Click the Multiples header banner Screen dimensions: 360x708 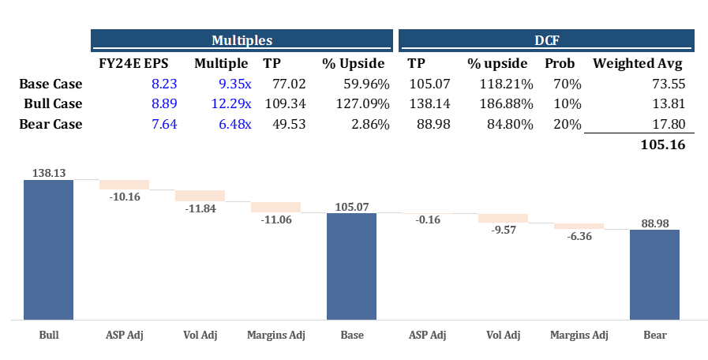(x=242, y=39)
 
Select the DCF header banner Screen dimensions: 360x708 (x=546, y=39)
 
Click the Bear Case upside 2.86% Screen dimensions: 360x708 (x=368, y=124)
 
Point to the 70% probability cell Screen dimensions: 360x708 (x=568, y=83)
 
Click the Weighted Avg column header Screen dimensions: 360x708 (x=638, y=63)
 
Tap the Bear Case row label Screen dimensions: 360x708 (x=51, y=124)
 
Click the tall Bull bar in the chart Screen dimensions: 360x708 (x=48, y=249)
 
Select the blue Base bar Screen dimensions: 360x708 (x=351, y=266)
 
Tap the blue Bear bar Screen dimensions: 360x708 (x=654, y=274)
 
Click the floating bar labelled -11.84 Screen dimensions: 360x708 (x=200, y=196)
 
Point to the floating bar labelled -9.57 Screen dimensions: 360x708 (x=503, y=218)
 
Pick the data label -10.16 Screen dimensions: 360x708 (x=124, y=197)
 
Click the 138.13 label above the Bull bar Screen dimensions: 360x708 (x=48, y=171)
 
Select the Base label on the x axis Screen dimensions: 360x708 (x=352, y=335)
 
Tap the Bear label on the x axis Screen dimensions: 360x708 (x=654, y=335)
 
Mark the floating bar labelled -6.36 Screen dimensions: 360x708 (x=579, y=226)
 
